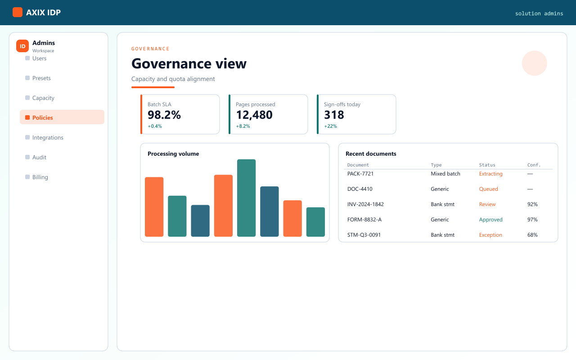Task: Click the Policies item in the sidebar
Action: (62, 117)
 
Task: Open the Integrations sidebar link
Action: (48, 137)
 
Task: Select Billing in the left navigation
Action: (40, 177)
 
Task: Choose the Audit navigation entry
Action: (39, 157)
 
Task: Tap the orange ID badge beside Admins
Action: (22, 46)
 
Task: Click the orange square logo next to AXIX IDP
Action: (18, 12)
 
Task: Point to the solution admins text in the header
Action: (539, 13)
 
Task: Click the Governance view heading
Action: (189, 63)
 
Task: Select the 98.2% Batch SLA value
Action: (164, 115)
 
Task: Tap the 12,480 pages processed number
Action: (254, 115)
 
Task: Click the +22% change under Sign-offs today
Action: (330, 126)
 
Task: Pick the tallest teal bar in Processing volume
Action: (246, 198)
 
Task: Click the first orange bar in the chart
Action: (154, 207)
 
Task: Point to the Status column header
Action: (487, 165)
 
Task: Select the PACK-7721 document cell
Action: (360, 174)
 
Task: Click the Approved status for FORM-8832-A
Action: (490, 219)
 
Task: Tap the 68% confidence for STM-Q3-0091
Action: (532, 235)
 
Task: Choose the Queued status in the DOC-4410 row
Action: (488, 189)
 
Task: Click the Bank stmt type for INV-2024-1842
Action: (442, 204)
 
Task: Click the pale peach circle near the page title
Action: (534, 63)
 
